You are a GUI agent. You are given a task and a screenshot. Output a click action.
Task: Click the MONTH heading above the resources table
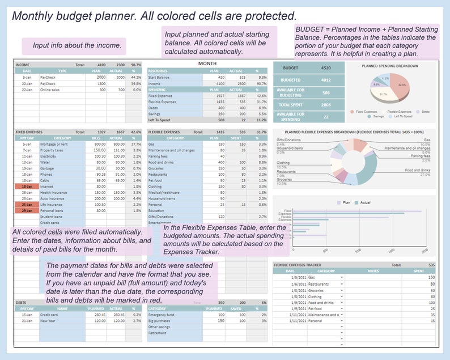click(x=207, y=63)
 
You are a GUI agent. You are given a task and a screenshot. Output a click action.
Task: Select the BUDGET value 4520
click(x=326, y=67)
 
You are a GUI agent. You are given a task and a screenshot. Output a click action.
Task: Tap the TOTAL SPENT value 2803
click(x=326, y=104)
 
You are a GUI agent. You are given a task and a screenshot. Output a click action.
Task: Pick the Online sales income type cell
click(x=52, y=90)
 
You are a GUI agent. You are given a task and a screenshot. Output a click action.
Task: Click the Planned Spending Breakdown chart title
click(x=390, y=66)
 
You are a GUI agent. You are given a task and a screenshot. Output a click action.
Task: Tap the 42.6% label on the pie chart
click(x=402, y=84)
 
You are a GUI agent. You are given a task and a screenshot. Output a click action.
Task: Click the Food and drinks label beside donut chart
click(x=417, y=170)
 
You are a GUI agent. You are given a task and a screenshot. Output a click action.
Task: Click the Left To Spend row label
click(x=159, y=120)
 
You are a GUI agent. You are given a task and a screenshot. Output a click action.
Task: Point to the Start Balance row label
click(x=159, y=77)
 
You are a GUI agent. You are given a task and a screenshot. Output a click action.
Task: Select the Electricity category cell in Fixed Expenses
click(x=49, y=156)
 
